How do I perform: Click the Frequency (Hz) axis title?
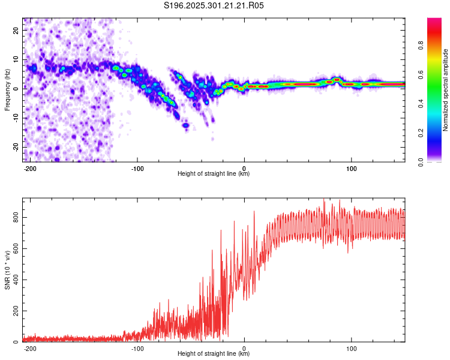(7, 90)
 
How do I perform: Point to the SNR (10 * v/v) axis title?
(7, 269)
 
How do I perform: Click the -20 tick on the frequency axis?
(15, 147)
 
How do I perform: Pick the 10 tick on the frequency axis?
(16, 59)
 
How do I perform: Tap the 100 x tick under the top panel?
(351, 168)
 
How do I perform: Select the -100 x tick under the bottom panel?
(137, 348)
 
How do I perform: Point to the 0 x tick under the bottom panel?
(244, 348)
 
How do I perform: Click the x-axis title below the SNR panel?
(214, 354)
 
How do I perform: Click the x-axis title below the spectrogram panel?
(214, 174)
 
